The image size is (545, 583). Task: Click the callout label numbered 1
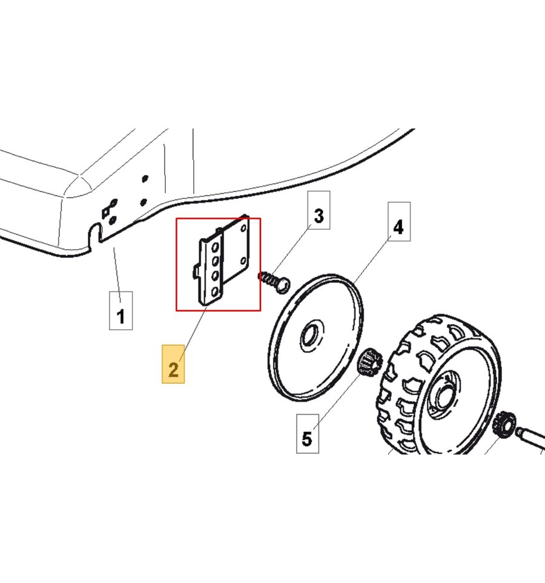coord(121,310)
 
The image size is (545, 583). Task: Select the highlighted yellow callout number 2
coord(173,364)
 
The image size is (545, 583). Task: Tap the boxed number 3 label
coord(319,210)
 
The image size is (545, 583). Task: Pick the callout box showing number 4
coord(399,222)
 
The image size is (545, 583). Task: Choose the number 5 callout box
coord(308,433)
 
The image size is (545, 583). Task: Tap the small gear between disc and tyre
coord(369,361)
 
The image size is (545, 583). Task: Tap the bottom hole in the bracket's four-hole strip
coord(214,292)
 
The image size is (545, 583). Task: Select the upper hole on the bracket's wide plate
coord(244,228)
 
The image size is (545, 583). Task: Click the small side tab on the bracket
coord(196,271)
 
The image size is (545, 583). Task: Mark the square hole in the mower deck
coord(105,213)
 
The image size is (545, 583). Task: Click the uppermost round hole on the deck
coord(145,179)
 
